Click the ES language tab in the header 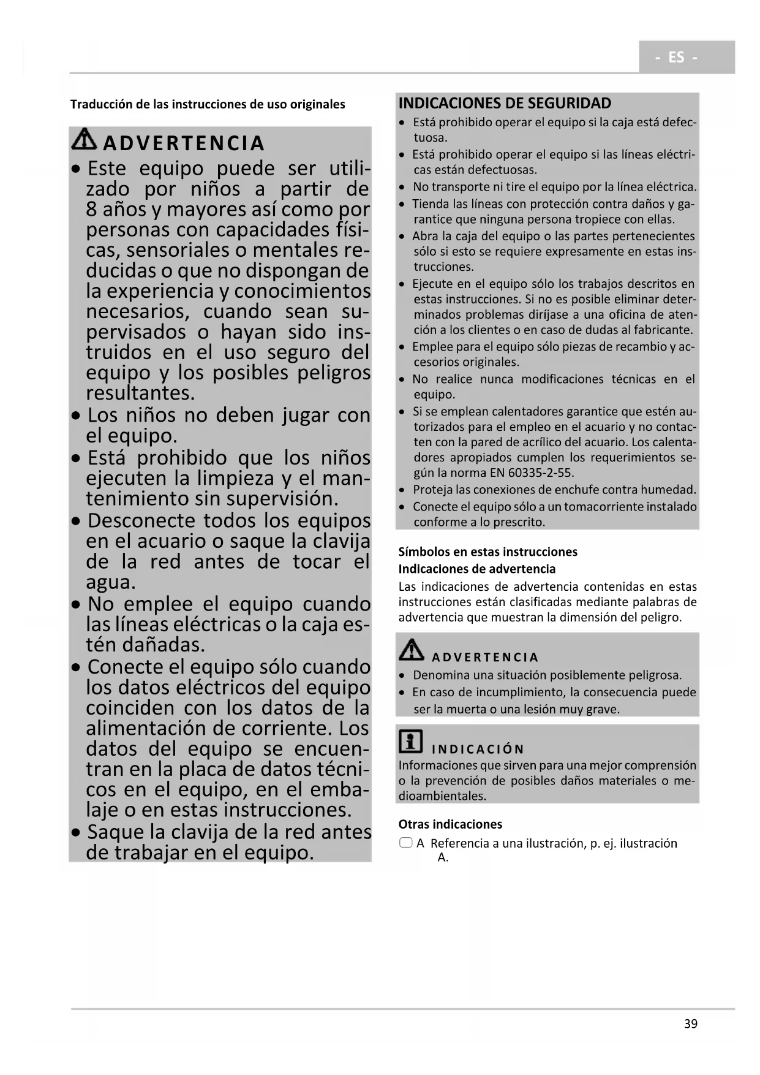click(x=676, y=57)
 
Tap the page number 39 click(x=691, y=1024)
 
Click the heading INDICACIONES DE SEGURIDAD click(x=505, y=103)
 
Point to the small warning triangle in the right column click(x=412, y=650)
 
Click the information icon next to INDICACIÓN click(x=410, y=742)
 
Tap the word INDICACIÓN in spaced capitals click(x=478, y=749)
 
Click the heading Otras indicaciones click(x=450, y=824)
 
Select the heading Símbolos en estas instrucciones click(x=487, y=552)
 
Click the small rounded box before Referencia click(x=405, y=843)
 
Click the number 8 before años click(x=92, y=210)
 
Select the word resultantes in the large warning click(x=140, y=393)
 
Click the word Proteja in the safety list click(x=433, y=490)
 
